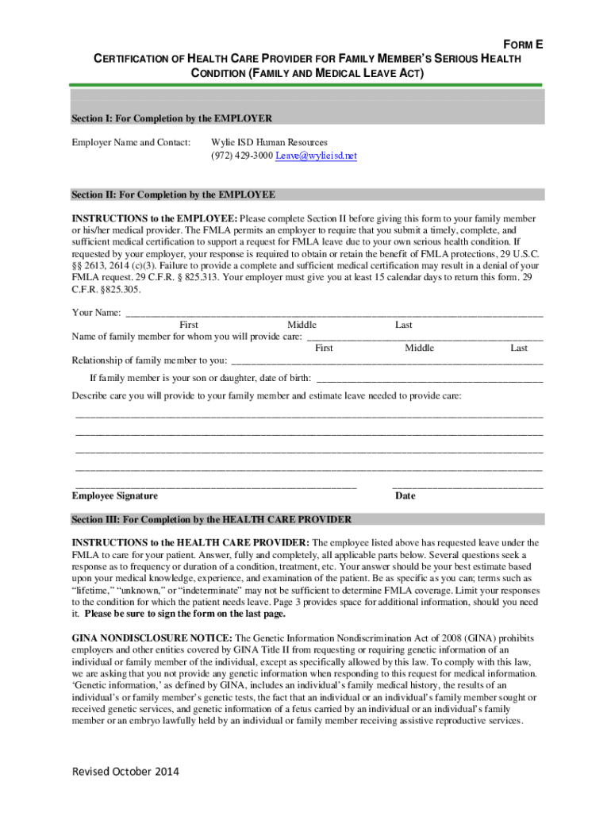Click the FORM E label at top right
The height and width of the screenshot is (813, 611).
[520, 45]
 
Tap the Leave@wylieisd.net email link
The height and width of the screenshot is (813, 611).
[316, 156]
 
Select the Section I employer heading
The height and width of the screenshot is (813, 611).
[172, 118]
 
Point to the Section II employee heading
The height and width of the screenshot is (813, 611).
[173, 195]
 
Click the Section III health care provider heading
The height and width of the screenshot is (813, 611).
[211, 520]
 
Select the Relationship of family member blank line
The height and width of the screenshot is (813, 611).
[386, 361]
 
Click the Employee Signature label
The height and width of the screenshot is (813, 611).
[115, 496]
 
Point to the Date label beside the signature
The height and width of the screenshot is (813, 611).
[405, 496]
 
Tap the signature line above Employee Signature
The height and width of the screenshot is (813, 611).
[216, 485]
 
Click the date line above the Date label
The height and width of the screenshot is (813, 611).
[467, 485]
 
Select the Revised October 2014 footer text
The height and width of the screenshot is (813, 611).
[125, 772]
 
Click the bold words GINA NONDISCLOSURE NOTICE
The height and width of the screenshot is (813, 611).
[152, 638]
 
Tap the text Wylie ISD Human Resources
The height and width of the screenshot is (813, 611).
[269, 142]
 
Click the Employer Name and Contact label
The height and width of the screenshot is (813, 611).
[131, 142]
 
